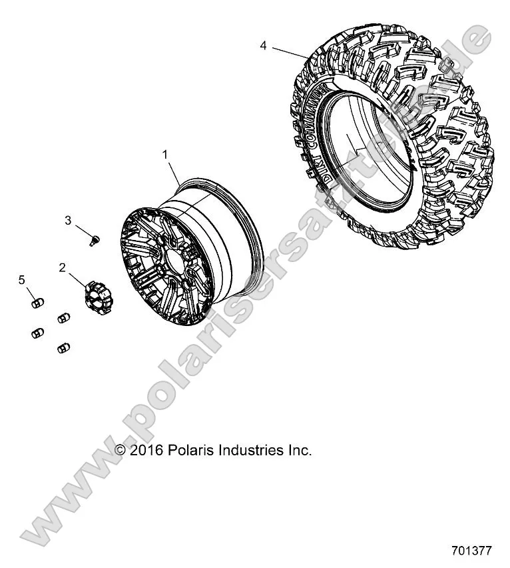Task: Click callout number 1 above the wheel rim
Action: click(x=165, y=155)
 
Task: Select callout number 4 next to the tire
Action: click(x=264, y=46)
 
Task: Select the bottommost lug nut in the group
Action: click(x=65, y=347)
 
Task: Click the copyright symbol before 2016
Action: click(x=121, y=451)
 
